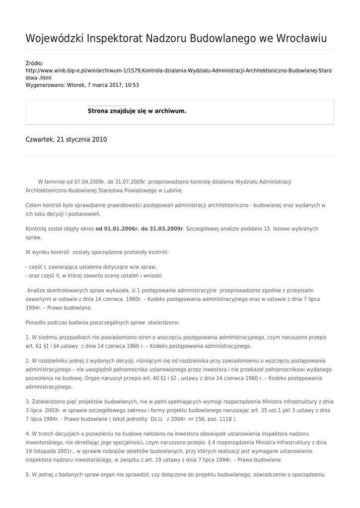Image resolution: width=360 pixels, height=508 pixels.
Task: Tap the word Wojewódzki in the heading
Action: pos(55,39)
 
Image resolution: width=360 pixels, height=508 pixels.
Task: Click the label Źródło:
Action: pos(34,63)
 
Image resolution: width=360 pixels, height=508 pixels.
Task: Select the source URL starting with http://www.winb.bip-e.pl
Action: pos(179,70)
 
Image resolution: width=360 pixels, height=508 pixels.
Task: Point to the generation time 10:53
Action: pos(132,85)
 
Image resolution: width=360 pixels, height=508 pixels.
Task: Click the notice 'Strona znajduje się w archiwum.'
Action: pos(137,111)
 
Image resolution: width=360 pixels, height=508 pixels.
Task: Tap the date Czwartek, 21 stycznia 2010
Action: pos(66,140)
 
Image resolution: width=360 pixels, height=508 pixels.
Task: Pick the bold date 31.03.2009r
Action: pos(165,229)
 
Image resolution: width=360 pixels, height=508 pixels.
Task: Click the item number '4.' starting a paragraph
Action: pos(28,434)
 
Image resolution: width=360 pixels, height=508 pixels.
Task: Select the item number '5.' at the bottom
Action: pos(28,474)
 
